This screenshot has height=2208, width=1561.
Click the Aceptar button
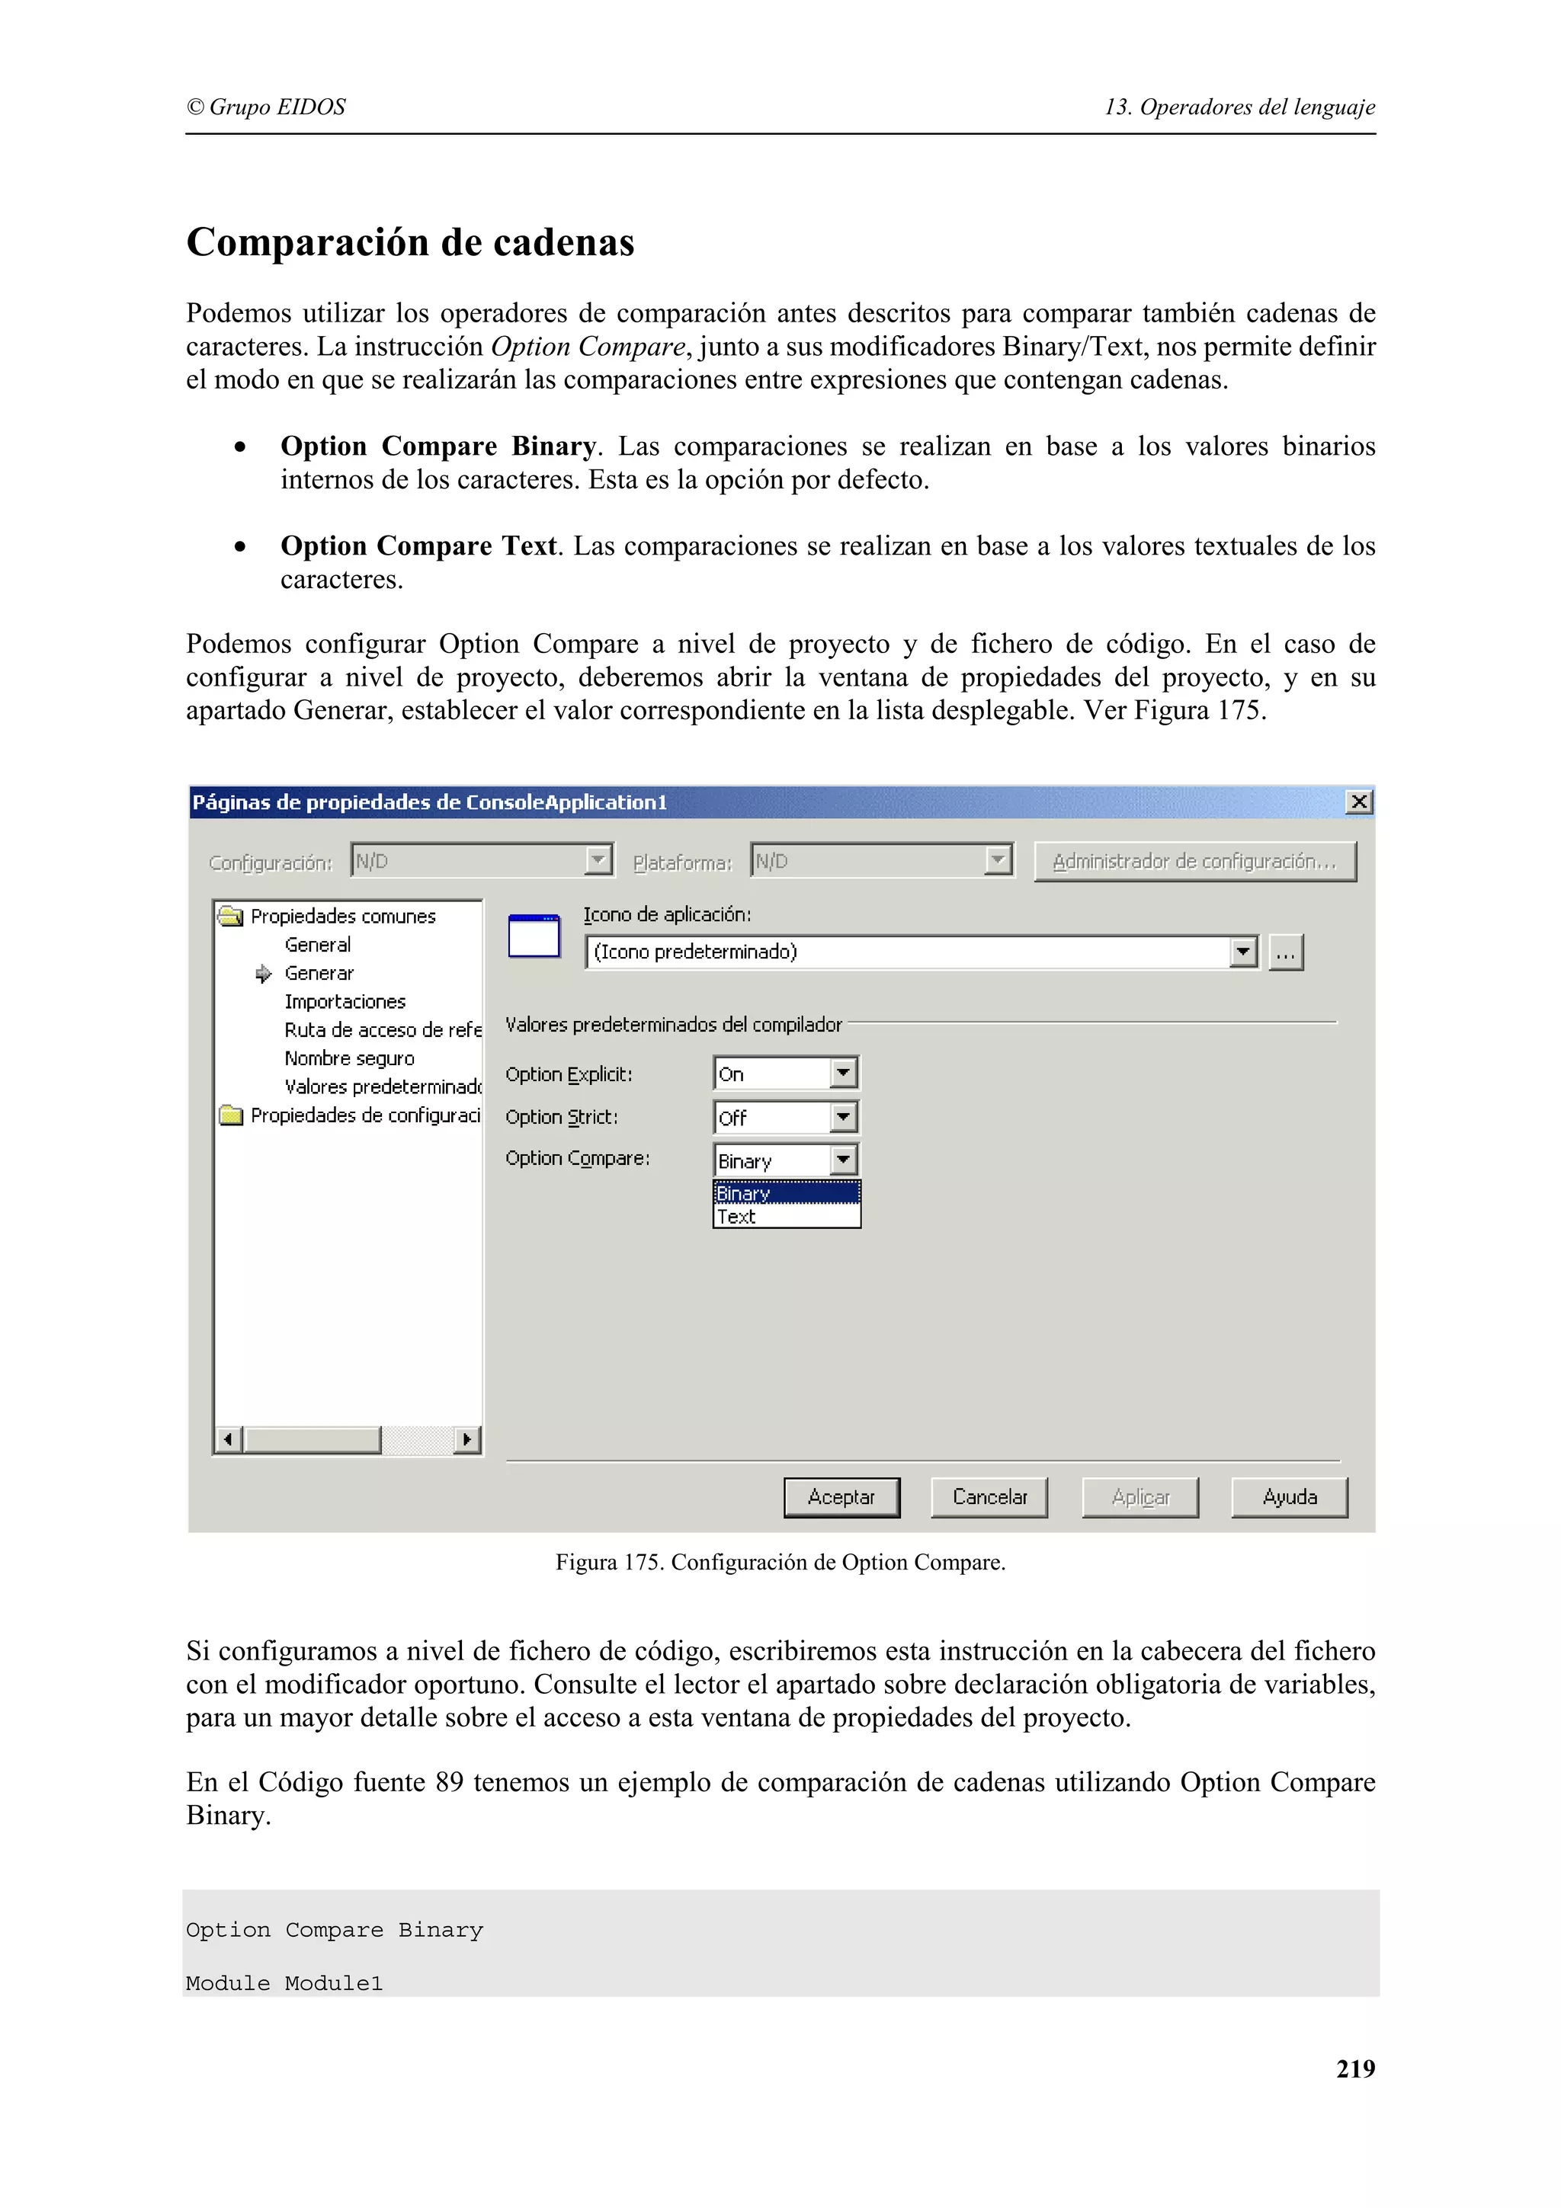pos(841,1496)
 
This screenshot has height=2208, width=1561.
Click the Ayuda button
pos(1289,1496)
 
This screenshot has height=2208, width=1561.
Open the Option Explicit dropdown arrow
pos(842,1072)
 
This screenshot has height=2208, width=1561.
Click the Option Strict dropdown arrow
pos(842,1116)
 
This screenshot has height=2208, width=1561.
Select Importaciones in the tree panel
pos(345,1001)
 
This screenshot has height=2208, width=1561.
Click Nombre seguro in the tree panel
pos(349,1058)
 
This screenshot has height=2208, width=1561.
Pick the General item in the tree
pos(317,944)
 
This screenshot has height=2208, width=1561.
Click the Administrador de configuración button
pos(1194,861)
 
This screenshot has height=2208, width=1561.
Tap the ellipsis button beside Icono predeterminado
pos(1286,952)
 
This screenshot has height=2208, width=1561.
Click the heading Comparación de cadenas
pos(411,242)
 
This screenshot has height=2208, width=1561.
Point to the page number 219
pos(1354,2068)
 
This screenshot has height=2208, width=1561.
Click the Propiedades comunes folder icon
pos(231,916)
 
